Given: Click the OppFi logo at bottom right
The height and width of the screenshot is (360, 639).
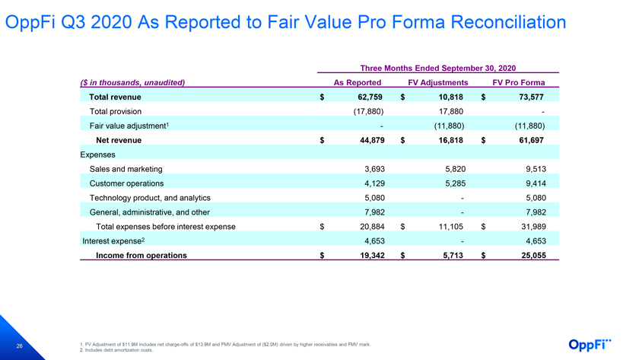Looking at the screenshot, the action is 590,345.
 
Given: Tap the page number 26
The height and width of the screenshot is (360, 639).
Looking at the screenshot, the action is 19,346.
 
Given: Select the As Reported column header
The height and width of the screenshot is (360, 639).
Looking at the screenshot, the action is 358,83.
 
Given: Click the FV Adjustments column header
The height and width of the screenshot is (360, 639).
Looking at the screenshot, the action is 438,83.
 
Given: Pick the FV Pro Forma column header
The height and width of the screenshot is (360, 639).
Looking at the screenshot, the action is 519,83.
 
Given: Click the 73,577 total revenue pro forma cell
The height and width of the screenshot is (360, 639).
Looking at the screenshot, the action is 532,97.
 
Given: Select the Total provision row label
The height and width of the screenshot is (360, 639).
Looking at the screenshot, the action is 116,111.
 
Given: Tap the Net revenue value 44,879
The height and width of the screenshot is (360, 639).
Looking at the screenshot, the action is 372,140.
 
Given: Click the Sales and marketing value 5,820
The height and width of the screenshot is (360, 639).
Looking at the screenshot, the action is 455,169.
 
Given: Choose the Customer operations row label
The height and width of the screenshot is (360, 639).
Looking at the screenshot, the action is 126,183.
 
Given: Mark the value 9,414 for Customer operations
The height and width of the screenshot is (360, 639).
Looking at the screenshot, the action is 536,183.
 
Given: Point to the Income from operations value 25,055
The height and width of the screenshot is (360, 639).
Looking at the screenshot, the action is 533,256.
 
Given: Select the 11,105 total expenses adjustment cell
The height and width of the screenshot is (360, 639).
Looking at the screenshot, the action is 450,227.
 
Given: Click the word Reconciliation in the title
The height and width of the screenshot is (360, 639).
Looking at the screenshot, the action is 508,22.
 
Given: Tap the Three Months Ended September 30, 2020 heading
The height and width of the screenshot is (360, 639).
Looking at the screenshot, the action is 438,68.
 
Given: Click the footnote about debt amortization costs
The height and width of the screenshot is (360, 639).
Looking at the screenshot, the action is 116,350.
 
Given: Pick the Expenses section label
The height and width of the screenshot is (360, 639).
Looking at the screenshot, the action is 98,155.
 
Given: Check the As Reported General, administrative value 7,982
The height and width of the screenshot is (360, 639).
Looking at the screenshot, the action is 374,212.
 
